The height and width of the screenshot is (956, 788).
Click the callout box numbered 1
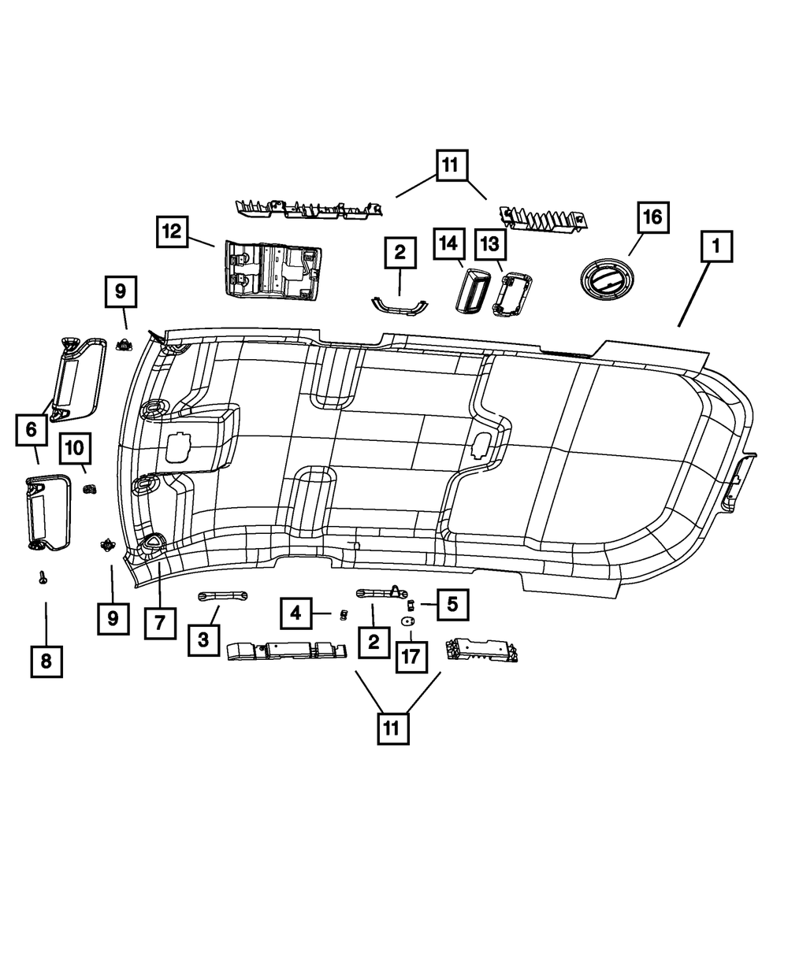point(716,248)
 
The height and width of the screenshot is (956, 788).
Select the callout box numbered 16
point(653,218)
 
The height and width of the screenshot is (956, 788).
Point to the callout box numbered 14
point(448,244)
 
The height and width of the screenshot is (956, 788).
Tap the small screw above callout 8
point(43,578)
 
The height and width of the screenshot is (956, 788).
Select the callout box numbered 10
point(75,448)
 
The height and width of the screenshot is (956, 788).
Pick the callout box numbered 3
point(203,640)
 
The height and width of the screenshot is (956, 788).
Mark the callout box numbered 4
point(295,612)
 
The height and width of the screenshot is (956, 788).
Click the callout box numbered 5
point(452,605)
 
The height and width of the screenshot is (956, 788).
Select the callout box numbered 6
point(31,429)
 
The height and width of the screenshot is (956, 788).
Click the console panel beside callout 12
point(273,271)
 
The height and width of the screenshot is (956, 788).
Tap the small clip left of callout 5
point(411,605)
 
